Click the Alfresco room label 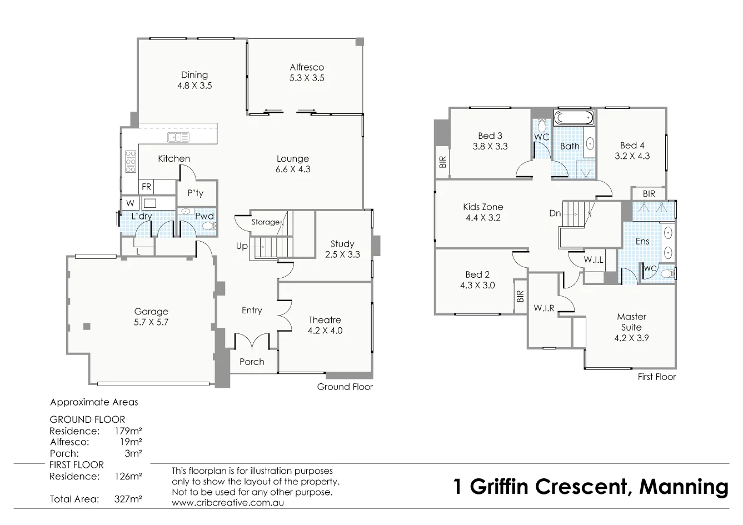point(307,67)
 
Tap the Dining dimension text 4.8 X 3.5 point(195,86)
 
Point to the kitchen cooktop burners point(131,162)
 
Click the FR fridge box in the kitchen point(147,187)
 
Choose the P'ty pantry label point(195,193)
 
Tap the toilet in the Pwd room point(208,226)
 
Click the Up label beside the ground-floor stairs point(242,246)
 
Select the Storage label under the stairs point(265,222)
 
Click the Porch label point(252,362)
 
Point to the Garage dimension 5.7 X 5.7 point(151,322)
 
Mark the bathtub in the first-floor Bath point(574,118)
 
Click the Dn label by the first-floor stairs point(555,213)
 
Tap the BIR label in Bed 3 point(443,162)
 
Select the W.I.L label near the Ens point(594,260)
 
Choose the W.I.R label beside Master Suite point(543,308)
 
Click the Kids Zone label point(483,207)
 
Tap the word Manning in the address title point(684,487)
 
